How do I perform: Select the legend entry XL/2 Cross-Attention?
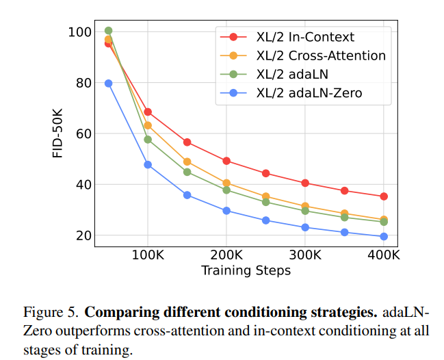click(x=318, y=55)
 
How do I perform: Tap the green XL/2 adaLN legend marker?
click(x=233, y=75)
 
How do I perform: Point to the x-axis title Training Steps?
click(x=246, y=270)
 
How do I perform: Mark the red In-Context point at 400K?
click(x=384, y=196)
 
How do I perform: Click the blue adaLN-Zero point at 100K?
click(x=148, y=165)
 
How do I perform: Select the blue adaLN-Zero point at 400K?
click(x=384, y=237)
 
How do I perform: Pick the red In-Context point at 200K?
click(x=226, y=161)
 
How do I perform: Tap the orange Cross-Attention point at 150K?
click(x=187, y=162)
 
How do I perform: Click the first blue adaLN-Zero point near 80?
click(x=108, y=83)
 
